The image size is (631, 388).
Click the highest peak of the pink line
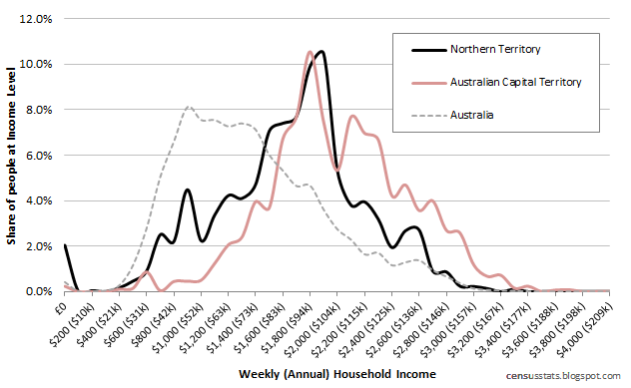click(310, 51)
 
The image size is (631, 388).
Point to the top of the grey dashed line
click(188, 107)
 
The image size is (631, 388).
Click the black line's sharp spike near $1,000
click(187, 190)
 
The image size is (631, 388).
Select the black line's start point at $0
click(65, 244)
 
